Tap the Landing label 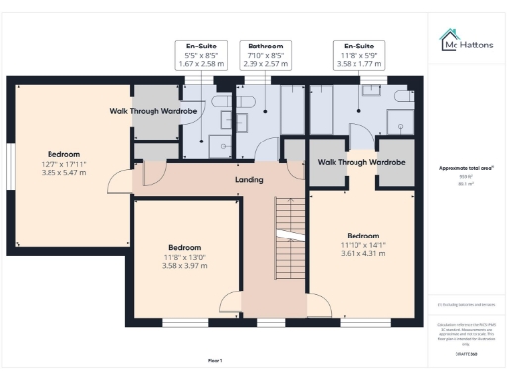coord(249,180)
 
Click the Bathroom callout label coord(265,46)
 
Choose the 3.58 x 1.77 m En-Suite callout coord(358,63)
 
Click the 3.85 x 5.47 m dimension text coord(63,172)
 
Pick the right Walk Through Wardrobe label coord(360,160)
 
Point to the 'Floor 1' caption coord(215,360)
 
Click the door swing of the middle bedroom coord(229,304)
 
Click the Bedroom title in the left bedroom coord(63,153)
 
